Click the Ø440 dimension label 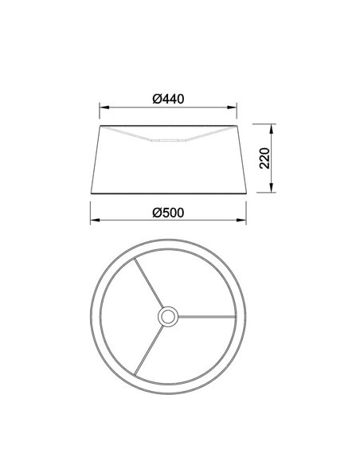168,100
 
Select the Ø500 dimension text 168,213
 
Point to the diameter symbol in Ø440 155,100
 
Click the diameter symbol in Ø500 155,213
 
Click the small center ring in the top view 168,317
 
